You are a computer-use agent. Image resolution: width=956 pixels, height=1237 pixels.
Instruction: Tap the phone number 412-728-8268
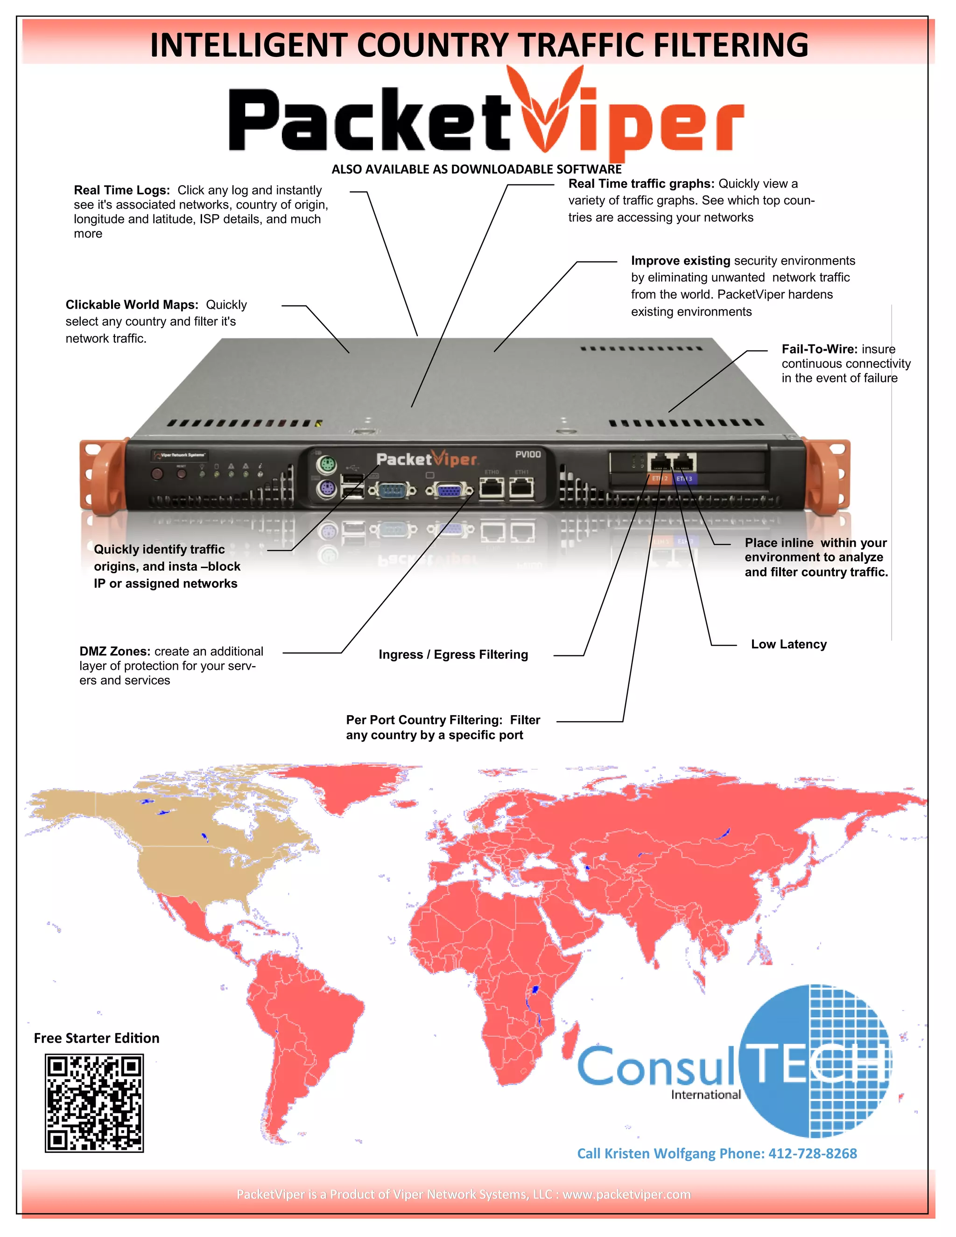point(812,1153)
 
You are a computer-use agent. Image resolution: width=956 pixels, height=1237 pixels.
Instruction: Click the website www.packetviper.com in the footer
point(626,1194)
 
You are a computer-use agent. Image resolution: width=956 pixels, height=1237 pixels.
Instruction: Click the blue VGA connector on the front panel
point(450,490)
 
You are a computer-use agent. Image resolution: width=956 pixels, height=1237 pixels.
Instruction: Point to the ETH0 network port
point(492,487)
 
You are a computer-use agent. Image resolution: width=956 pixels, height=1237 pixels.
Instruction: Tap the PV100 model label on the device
point(528,454)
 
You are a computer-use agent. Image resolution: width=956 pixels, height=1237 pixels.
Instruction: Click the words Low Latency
point(788,644)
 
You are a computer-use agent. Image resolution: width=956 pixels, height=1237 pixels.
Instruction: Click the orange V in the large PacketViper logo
point(545,113)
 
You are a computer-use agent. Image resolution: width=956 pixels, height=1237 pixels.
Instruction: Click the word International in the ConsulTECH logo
point(706,1094)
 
